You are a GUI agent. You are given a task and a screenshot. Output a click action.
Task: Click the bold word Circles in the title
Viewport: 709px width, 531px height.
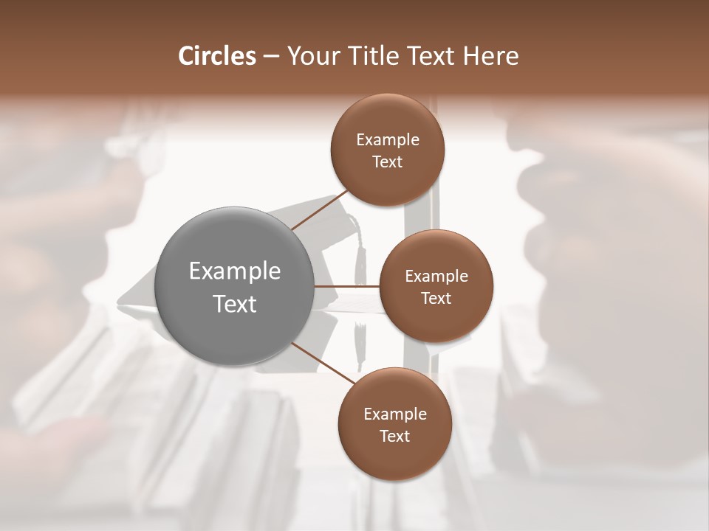(x=217, y=56)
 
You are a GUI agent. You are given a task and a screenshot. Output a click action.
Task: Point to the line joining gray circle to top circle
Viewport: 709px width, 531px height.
(x=319, y=211)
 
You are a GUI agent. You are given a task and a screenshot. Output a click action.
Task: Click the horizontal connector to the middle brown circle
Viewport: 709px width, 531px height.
(x=347, y=286)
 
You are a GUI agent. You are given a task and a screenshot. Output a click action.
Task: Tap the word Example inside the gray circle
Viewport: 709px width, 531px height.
(x=235, y=271)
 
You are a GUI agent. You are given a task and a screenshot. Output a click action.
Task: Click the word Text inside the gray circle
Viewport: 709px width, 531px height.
(x=235, y=304)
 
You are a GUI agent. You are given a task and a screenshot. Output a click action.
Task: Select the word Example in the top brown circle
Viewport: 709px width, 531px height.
(x=388, y=139)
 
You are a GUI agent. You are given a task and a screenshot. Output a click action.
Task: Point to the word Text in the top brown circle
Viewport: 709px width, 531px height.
(x=388, y=162)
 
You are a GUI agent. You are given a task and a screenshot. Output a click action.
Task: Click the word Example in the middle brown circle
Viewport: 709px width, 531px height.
(x=436, y=276)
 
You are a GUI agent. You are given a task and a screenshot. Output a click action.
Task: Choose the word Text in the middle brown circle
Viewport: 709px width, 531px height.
(x=436, y=298)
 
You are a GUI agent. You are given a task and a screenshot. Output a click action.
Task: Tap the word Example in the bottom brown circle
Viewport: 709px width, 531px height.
(x=395, y=414)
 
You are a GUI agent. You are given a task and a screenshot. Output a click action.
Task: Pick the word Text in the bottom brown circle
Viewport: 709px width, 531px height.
(x=395, y=436)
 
